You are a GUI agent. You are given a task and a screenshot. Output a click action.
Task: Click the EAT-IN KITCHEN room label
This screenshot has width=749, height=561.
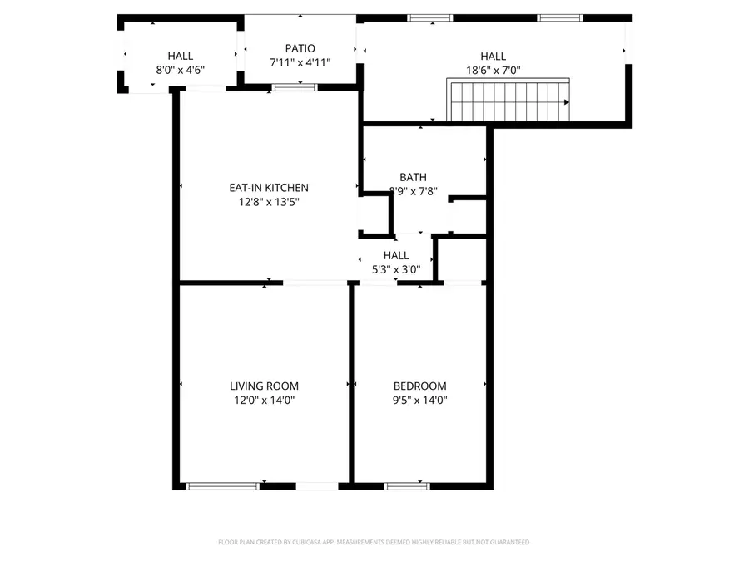pos(269,188)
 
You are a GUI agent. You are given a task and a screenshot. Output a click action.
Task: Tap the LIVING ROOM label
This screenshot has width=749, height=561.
pos(264,386)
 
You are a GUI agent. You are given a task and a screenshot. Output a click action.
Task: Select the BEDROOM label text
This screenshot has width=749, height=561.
pos(419,386)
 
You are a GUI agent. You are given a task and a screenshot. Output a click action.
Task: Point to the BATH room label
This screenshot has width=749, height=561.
pos(413,177)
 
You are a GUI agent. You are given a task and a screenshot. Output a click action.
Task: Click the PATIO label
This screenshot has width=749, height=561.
pos(300,49)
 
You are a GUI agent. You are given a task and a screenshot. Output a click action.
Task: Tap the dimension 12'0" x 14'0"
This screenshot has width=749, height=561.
pos(264,400)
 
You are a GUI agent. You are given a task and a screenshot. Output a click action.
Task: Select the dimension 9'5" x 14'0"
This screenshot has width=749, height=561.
pos(419,400)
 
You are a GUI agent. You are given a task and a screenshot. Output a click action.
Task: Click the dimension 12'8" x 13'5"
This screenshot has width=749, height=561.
pos(269,201)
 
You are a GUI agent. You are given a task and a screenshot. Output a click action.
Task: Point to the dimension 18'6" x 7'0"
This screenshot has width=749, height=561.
pos(493,70)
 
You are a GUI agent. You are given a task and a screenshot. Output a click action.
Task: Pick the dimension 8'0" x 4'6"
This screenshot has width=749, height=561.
pos(180,70)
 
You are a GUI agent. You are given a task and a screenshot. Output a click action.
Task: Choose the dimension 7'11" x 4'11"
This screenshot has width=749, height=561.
pos(300,62)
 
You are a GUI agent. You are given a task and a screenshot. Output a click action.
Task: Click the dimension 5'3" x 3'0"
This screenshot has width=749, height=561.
pos(396,268)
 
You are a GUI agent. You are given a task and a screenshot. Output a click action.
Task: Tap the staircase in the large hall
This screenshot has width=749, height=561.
pos(508,101)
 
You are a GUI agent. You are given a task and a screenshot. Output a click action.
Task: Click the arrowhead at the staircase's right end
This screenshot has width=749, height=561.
pos(567,102)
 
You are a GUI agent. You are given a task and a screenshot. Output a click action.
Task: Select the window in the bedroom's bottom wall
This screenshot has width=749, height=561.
pos(407,486)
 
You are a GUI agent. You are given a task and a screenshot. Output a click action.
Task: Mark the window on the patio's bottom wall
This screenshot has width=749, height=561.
pos(295,86)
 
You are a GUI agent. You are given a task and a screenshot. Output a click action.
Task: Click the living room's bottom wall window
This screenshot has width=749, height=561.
pos(221,486)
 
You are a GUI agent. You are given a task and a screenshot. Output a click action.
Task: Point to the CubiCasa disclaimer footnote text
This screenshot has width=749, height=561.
pos(374,542)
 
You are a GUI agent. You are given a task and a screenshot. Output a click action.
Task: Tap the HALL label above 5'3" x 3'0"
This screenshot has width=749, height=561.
pos(396,255)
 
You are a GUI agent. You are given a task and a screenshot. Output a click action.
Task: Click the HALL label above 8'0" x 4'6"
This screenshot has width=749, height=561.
pos(180,56)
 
